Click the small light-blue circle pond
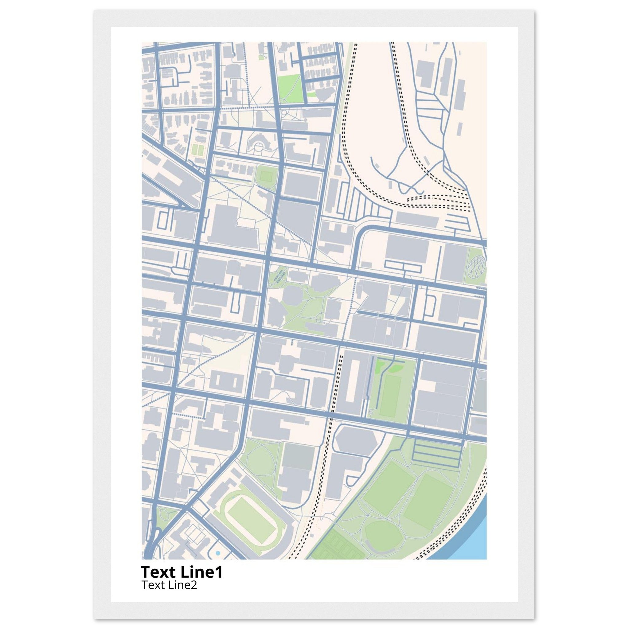[218, 553]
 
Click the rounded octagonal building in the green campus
[289, 295]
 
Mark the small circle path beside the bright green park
[286, 112]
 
